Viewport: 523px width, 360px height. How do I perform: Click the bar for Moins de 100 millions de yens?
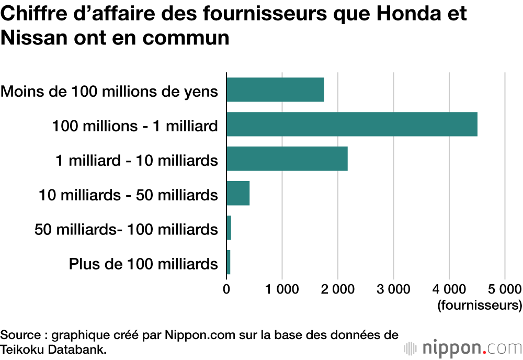point(275,89)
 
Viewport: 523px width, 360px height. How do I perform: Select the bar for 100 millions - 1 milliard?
point(352,124)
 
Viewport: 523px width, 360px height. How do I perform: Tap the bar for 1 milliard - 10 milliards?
point(287,159)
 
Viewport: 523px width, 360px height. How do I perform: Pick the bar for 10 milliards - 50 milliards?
point(238,194)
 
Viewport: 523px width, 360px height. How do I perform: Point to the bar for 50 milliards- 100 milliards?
point(229,228)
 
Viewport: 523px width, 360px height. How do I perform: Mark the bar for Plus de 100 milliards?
point(229,263)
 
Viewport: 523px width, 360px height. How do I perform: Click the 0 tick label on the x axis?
point(226,289)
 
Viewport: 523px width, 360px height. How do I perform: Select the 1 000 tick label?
point(282,289)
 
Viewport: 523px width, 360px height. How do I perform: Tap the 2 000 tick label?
point(338,289)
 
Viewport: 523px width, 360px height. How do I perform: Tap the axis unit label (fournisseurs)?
point(480,305)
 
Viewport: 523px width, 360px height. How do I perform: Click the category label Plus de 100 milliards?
point(143,264)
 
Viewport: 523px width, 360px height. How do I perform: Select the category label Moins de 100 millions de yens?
point(109,91)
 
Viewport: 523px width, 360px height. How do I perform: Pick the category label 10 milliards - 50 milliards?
point(128,195)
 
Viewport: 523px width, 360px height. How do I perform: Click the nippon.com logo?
point(463,348)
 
